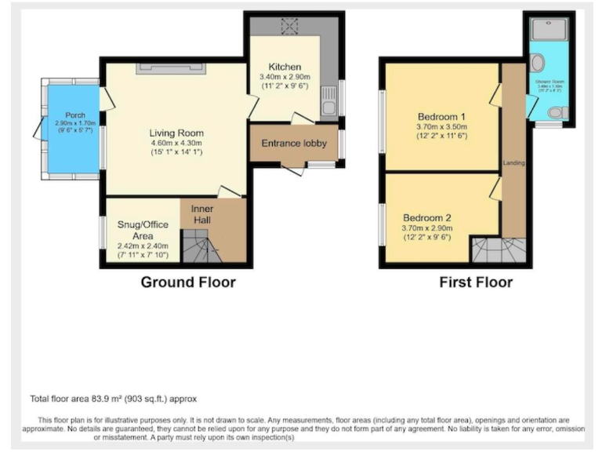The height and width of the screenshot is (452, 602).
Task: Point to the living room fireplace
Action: coord(172,69)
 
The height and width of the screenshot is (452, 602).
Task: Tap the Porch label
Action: coord(74,115)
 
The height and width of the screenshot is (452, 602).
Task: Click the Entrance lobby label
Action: coord(293,143)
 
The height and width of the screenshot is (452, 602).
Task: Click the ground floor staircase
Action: coord(201,250)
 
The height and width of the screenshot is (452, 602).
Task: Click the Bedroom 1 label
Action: coord(442,117)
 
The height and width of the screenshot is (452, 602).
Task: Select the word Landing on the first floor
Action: coord(514,163)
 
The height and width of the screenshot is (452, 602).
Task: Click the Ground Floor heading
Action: coord(188,282)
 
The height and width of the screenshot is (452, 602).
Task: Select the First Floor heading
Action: coord(477,282)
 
